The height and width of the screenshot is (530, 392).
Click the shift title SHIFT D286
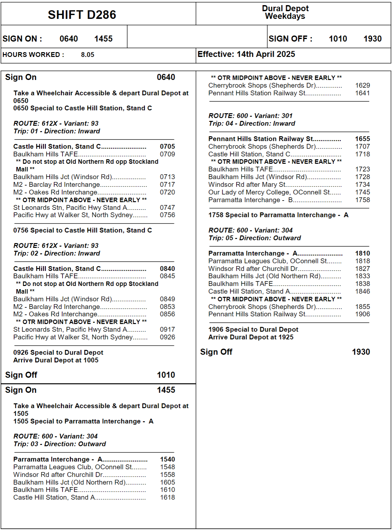(x=82, y=15)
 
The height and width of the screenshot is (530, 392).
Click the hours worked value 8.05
(x=87, y=55)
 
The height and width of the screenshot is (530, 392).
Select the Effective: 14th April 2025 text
(x=246, y=54)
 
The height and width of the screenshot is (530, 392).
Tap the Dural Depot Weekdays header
(x=285, y=12)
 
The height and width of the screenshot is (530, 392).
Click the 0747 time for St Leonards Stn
(x=167, y=208)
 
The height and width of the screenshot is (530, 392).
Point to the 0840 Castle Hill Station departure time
(x=167, y=269)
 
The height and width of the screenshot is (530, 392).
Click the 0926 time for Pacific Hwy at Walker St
(x=167, y=337)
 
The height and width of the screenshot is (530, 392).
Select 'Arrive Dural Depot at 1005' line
(x=56, y=360)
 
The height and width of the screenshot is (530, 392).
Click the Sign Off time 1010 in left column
(x=166, y=375)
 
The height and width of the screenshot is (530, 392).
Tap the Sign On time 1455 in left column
(x=166, y=390)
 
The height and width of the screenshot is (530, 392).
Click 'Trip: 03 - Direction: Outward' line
(x=60, y=444)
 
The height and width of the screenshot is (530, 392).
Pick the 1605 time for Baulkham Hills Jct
(x=167, y=482)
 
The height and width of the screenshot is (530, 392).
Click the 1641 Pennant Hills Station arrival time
(x=363, y=93)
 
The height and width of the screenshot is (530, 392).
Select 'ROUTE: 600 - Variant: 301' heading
(x=250, y=116)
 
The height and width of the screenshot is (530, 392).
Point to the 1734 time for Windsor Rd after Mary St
(x=363, y=185)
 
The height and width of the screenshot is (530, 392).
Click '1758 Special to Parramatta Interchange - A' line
(x=278, y=215)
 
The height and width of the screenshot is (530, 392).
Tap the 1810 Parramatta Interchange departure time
(x=363, y=253)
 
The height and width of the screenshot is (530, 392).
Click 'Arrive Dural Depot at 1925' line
(x=251, y=337)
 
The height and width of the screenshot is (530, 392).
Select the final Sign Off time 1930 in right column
(x=361, y=352)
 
